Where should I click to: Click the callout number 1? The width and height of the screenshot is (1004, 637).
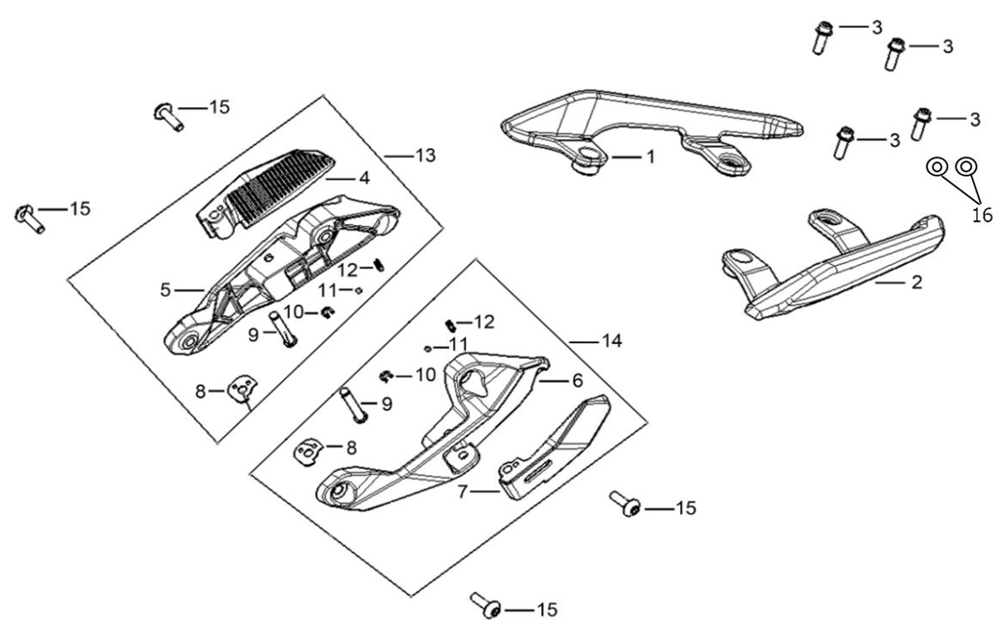650,157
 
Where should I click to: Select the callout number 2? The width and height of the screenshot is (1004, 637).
917,281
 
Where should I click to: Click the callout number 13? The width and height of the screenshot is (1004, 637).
425,156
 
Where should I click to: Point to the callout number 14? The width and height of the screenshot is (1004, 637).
612,341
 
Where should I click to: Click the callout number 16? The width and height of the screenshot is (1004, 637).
982,216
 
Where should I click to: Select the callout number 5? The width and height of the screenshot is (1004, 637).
166,290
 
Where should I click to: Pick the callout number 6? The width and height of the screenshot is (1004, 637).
578,380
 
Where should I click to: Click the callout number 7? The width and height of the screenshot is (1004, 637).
463,492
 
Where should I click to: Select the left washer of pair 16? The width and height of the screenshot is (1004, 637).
936,167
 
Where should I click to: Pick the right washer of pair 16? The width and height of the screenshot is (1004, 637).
965,166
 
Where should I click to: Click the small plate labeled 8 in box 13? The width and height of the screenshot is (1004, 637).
242,390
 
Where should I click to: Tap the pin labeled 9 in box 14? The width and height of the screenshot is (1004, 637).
354,405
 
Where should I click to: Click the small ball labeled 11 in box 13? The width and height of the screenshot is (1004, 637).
359,290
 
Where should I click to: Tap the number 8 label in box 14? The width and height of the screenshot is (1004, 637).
351,449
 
